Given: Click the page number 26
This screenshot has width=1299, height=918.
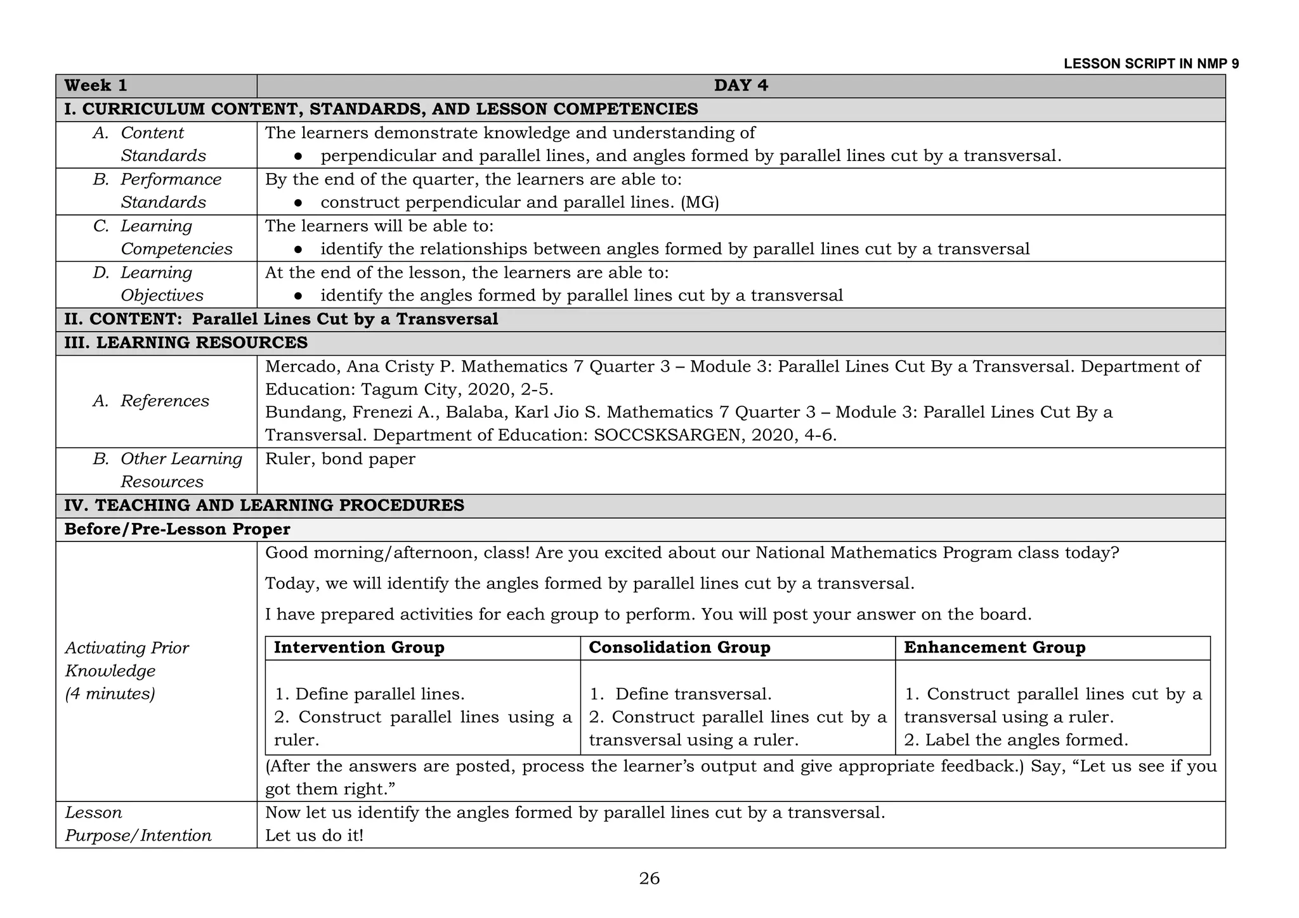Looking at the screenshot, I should [649, 879].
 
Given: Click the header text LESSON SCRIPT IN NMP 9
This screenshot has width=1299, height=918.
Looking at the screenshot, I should [1151, 64].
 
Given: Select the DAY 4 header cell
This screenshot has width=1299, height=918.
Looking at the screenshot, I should [740, 86].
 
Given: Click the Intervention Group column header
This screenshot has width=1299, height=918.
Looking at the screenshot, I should [359, 647].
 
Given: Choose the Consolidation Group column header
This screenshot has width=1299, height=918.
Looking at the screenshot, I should [679, 647].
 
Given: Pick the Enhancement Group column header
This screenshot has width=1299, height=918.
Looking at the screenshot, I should [995, 647].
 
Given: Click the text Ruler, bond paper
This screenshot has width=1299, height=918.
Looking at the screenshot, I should [340, 459].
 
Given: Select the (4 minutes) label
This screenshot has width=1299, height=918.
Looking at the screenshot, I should [110, 694].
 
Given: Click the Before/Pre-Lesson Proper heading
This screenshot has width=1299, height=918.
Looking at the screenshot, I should [177, 529].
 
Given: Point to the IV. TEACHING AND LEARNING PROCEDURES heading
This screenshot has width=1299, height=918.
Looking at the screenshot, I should [264, 505].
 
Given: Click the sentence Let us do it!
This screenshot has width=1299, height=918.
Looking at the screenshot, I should [314, 836].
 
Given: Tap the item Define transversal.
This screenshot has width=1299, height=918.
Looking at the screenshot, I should [693, 694].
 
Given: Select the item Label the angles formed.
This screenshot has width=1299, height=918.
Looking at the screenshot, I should [1026, 740].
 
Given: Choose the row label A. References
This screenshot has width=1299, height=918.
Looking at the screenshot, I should [151, 401].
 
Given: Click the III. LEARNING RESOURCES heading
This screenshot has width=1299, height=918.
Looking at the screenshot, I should [186, 343].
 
